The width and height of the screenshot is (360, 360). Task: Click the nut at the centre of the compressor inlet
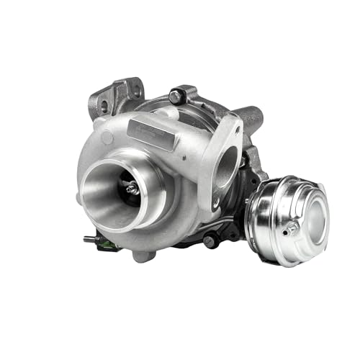pos(132,189)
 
